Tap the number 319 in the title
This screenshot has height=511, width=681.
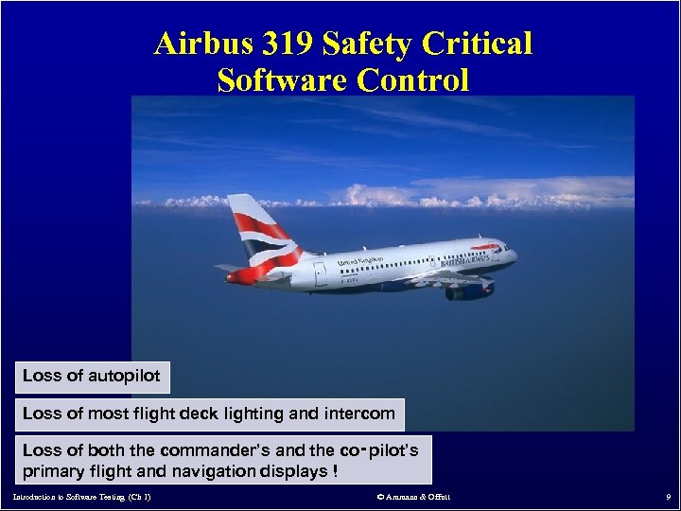pos(285,44)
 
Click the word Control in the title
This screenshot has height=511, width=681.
pos(413,80)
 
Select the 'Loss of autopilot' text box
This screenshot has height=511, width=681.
pos(92,376)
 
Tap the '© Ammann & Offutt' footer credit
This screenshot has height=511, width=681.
pos(413,497)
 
